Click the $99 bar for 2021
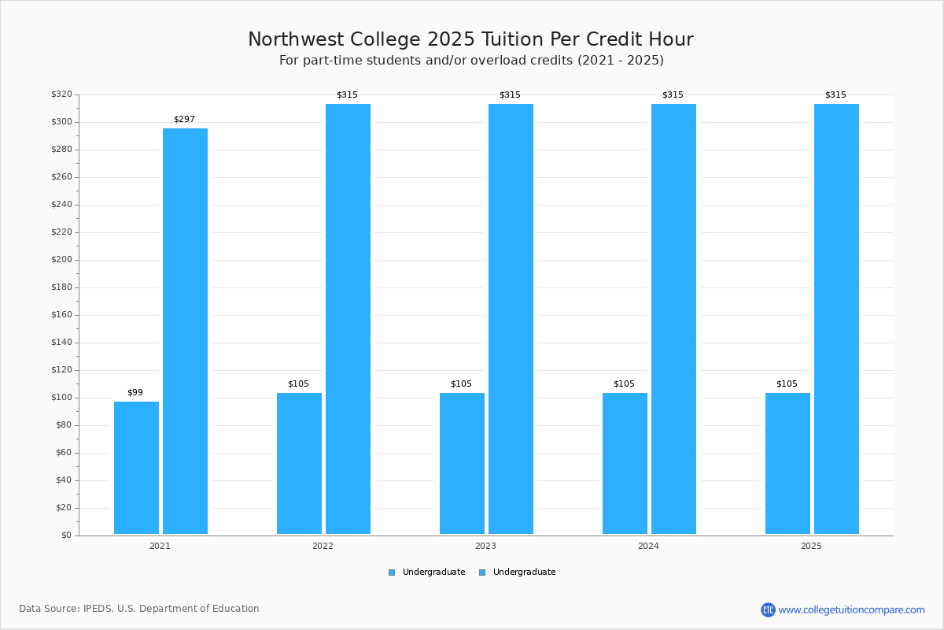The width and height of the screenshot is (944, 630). [137, 468]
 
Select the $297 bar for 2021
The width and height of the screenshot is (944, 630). [186, 331]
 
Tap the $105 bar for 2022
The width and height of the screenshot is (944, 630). [299, 463]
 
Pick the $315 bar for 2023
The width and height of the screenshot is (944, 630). [511, 319]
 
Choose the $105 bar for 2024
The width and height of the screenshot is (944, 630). [625, 463]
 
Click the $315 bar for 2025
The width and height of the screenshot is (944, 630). [836, 319]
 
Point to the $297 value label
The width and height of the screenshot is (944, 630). [185, 120]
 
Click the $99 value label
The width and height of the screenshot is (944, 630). [135, 392]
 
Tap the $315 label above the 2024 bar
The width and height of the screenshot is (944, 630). [673, 95]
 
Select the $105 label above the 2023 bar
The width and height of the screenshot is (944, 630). [462, 384]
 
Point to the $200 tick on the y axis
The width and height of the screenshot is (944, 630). [61, 260]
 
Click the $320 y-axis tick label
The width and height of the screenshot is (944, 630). [61, 94]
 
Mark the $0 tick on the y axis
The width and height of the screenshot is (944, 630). [67, 535]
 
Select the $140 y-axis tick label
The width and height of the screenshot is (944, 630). [61, 343]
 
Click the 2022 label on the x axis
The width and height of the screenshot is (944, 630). [323, 546]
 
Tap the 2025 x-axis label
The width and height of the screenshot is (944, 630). [811, 546]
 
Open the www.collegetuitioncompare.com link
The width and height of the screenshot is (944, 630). [852, 610]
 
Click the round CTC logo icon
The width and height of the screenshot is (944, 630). [768, 610]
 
